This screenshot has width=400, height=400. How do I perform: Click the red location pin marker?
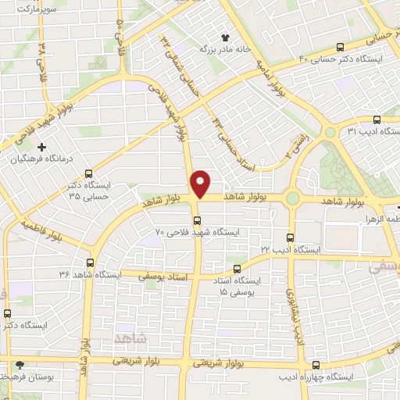tap(202, 183)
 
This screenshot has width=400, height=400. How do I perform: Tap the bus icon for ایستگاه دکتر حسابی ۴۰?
tap(338, 46)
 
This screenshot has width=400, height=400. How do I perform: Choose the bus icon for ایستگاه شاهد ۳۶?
tap(91, 263)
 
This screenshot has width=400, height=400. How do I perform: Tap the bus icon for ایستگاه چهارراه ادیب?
tap(316, 365)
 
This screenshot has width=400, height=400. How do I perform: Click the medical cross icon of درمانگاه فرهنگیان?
tap(41, 146)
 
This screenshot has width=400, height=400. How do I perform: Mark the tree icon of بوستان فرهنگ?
tap(20, 365)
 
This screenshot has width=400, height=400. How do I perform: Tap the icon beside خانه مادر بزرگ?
tap(226, 37)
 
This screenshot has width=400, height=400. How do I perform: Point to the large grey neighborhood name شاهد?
tap(130, 336)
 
